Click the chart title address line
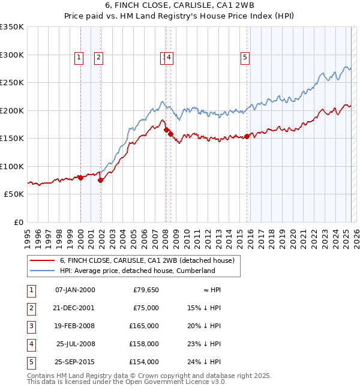pos(179,6)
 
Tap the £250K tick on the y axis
pos(11,83)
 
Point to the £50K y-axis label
pos(13,194)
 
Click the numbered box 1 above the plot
pos(79,58)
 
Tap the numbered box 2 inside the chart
pos(98,58)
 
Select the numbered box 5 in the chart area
pos(245,58)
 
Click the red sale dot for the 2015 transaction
pos(247,137)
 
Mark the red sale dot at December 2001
pos(100,181)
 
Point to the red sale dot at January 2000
pos(80,178)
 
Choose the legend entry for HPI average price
pos(137,271)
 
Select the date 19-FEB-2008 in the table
pos(75,326)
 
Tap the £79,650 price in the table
pos(146,290)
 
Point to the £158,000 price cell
pos(145,344)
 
